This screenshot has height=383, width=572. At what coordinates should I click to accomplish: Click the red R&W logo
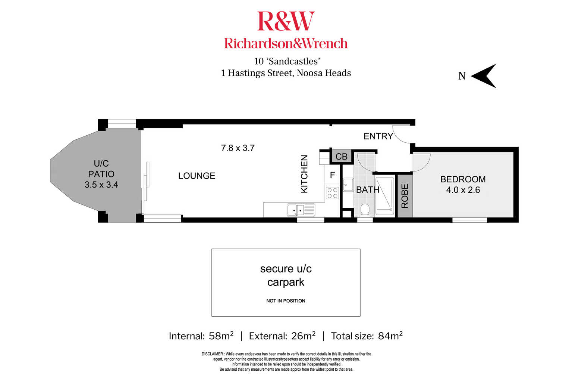(286, 21)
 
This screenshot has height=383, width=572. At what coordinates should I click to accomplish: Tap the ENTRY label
(378, 136)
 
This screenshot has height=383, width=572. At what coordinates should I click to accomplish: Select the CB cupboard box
(342, 156)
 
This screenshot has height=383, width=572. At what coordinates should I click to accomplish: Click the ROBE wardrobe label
(405, 196)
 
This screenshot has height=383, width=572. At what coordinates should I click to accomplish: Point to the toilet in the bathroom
(365, 210)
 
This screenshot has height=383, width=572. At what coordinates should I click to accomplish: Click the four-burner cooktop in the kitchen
(333, 193)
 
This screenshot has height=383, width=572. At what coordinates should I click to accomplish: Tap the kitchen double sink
(301, 210)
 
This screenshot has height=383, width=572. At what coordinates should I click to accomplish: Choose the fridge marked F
(332, 175)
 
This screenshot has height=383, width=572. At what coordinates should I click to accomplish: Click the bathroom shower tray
(385, 196)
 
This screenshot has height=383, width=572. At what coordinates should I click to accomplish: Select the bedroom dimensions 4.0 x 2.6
(463, 190)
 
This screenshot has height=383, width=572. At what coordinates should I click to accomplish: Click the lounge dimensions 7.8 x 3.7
(238, 148)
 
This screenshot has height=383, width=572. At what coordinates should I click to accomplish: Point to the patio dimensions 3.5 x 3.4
(101, 185)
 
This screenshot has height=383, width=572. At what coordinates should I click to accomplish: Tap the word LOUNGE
(197, 176)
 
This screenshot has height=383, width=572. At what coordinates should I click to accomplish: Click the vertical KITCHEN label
(304, 174)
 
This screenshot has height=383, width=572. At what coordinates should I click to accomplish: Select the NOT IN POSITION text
(286, 301)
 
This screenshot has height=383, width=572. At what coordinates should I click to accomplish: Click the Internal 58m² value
(221, 336)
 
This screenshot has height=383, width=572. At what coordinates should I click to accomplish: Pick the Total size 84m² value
(390, 336)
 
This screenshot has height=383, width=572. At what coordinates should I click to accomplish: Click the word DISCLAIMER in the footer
(212, 354)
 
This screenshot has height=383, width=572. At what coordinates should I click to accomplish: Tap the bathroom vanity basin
(348, 185)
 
